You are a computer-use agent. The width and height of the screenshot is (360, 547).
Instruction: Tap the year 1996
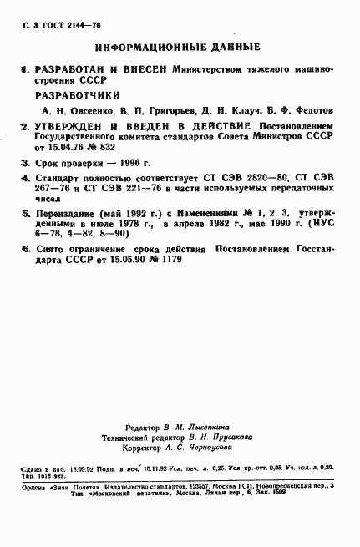click(x=137, y=163)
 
